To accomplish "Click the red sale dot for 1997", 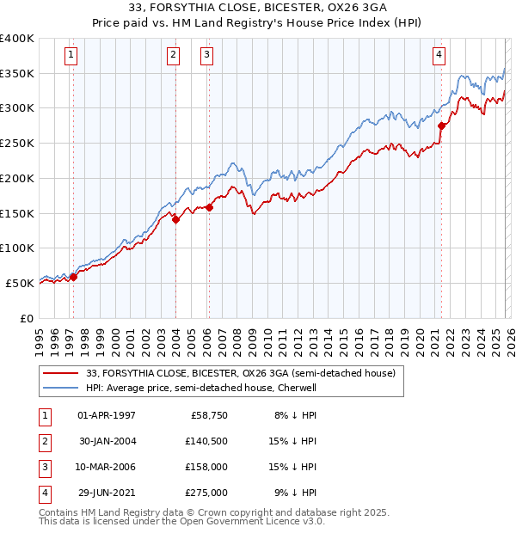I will (x=73, y=277).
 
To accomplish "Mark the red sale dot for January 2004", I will (x=175, y=219).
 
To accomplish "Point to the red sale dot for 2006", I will (x=209, y=207).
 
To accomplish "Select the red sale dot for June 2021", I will (x=441, y=126).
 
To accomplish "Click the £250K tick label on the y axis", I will (x=17, y=143).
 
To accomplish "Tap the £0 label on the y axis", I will (x=26, y=318).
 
